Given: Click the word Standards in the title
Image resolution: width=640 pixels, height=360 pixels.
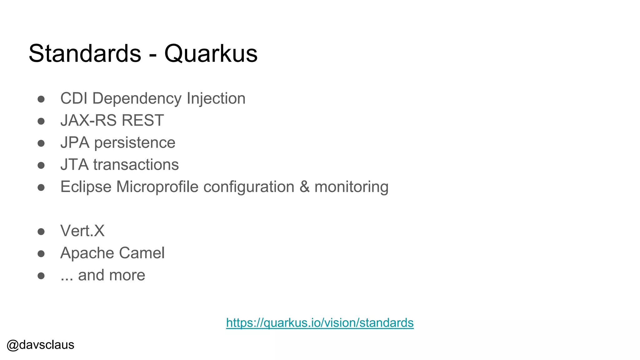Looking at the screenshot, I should pyautogui.click(x=85, y=53).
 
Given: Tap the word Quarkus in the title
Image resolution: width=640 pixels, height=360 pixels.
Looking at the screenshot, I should pyautogui.click(x=211, y=54).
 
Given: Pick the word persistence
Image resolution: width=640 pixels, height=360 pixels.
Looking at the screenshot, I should pyautogui.click(x=135, y=143).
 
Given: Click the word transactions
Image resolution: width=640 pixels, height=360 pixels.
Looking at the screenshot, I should pyautogui.click(x=136, y=165).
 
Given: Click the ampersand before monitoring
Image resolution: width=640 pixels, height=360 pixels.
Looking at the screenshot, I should pyautogui.click(x=304, y=187).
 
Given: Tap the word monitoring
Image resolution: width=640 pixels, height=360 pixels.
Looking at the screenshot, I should pyautogui.click(x=351, y=187).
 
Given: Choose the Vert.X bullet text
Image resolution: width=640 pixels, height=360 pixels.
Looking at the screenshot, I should pyautogui.click(x=82, y=231).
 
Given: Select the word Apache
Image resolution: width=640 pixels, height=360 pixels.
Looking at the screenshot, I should pyautogui.click(x=87, y=253).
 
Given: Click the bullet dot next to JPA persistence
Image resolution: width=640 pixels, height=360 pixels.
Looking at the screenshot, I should pyautogui.click(x=41, y=143).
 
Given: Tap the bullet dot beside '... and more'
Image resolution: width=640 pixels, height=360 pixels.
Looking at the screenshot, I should pyautogui.click(x=41, y=276).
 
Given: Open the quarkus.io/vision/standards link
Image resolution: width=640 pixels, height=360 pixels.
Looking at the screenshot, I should pyautogui.click(x=320, y=323).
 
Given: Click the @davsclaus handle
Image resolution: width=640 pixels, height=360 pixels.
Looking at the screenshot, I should pyautogui.click(x=40, y=345).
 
